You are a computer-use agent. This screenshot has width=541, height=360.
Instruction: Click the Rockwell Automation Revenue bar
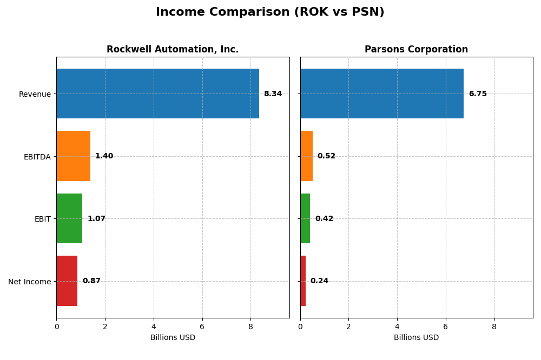coord(157,94)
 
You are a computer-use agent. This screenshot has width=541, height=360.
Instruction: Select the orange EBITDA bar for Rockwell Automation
coord(74,156)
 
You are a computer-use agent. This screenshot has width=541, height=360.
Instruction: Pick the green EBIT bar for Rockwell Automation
coord(69,218)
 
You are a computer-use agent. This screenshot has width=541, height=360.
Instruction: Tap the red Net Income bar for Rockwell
coord(67,281)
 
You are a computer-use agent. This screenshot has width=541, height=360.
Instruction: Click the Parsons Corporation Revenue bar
coord(381,94)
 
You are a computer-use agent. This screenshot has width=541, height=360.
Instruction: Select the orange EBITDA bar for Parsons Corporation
coord(306,156)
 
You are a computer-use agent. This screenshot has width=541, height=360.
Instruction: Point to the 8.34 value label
coord(273,94)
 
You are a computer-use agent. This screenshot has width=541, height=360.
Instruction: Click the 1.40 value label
coord(104,156)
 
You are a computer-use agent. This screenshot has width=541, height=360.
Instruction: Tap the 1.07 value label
coord(96,219)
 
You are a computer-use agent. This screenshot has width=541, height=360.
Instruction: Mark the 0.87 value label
coord(91,281)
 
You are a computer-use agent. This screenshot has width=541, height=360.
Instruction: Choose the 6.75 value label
coord(478,94)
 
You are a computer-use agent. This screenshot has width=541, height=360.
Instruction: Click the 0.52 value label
coord(326,156)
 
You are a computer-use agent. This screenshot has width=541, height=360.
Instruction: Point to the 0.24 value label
coord(319,281)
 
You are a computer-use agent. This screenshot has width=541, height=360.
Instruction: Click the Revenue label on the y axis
coord(35,94)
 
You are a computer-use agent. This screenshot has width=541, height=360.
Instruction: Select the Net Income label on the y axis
coord(30,282)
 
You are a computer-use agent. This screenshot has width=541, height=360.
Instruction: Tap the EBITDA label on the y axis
coord(37,157)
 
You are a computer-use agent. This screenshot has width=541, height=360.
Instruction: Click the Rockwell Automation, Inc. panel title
coord(173,50)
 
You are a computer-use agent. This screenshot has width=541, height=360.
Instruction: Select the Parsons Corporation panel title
coord(416,50)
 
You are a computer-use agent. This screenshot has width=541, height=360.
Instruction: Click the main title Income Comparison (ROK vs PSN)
coord(270,12)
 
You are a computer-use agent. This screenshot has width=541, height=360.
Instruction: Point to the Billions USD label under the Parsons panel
coord(416,338)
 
